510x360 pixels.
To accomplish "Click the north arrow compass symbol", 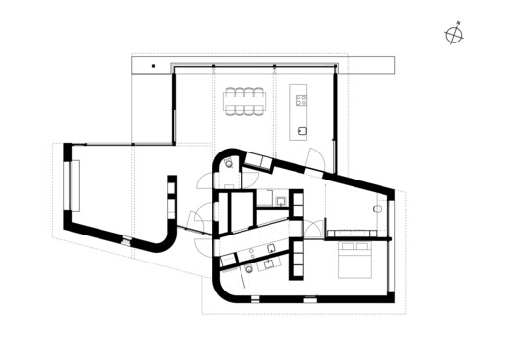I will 454,36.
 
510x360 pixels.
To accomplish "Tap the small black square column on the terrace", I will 152,66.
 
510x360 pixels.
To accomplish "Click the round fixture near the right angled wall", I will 379,208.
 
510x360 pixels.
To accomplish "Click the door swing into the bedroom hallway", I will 315,227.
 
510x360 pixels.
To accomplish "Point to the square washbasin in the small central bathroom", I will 279,202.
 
